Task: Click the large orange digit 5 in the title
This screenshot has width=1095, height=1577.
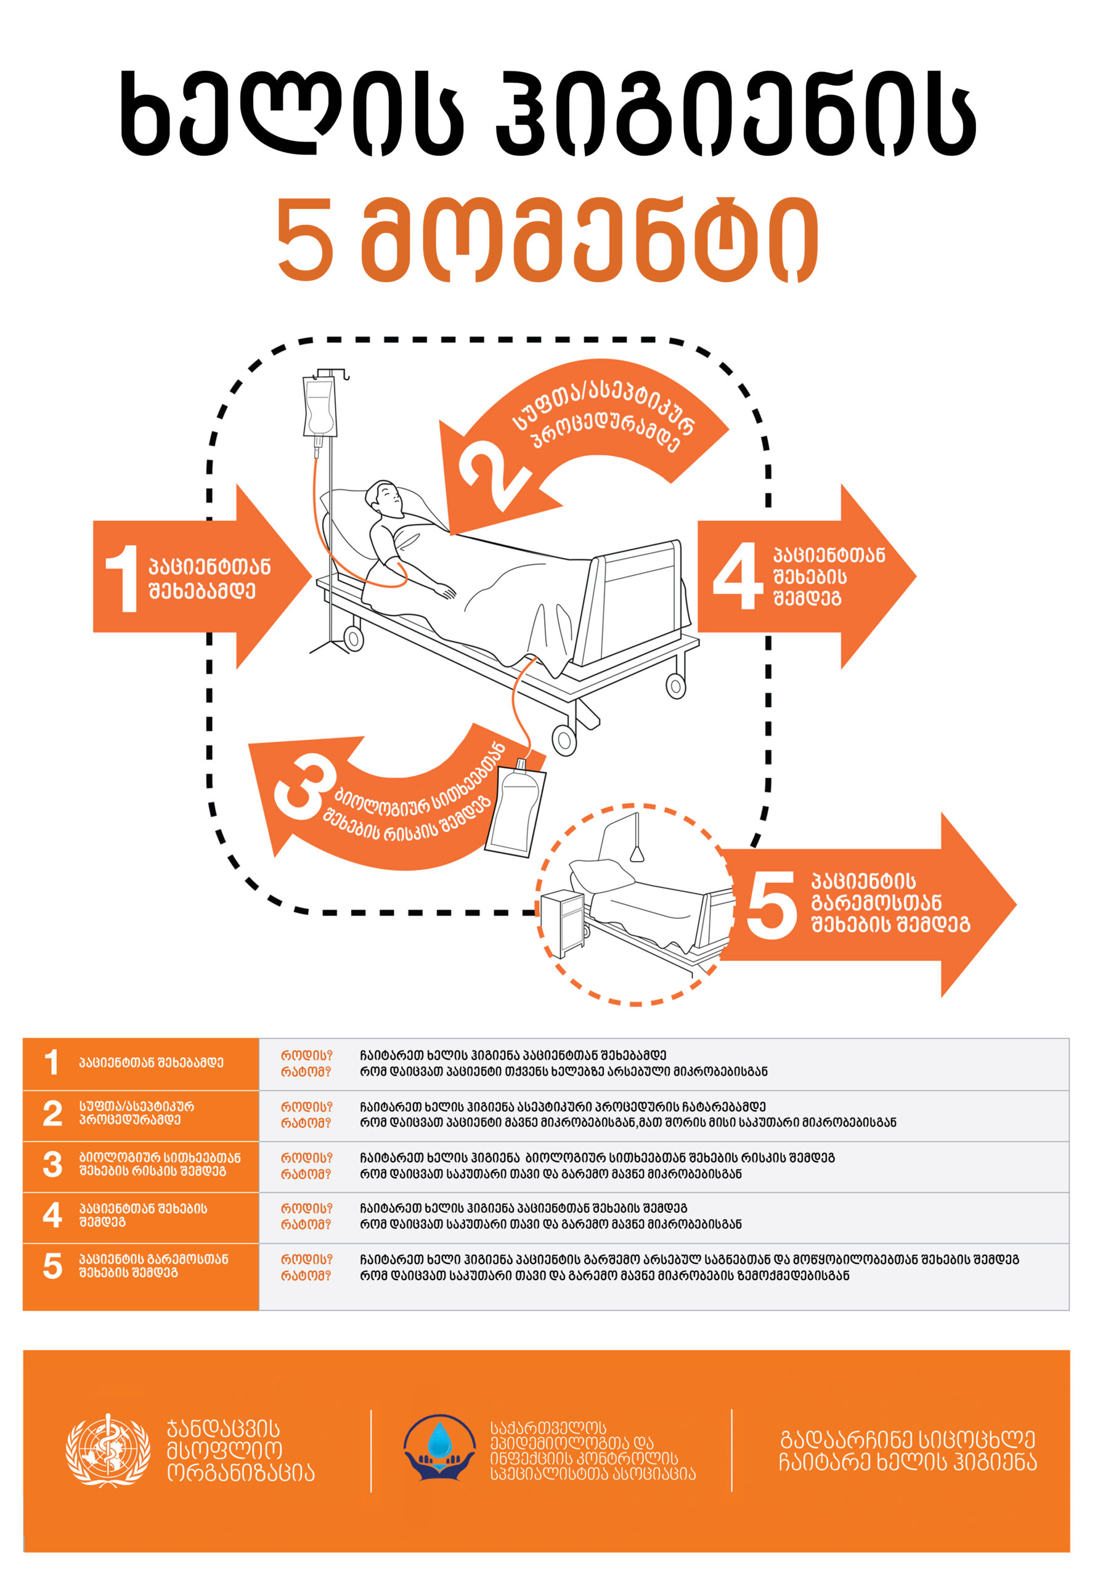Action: (x=306, y=240)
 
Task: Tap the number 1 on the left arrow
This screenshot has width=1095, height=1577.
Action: (x=123, y=579)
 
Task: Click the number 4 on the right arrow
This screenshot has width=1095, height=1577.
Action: (x=738, y=576)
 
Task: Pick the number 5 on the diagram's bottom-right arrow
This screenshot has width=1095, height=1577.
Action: (x=771, y=906)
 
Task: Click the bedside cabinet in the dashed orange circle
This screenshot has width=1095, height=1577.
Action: (x=563, y=923)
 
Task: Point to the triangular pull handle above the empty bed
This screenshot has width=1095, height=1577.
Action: (x=637, y=853)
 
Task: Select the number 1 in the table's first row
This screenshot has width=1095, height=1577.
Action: (x=52, y=1063)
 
